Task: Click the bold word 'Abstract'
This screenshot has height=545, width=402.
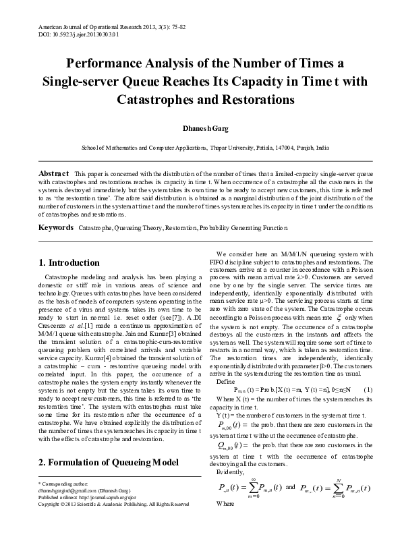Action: click(53, 173)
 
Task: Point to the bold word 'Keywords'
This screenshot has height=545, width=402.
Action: click(56, 229)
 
